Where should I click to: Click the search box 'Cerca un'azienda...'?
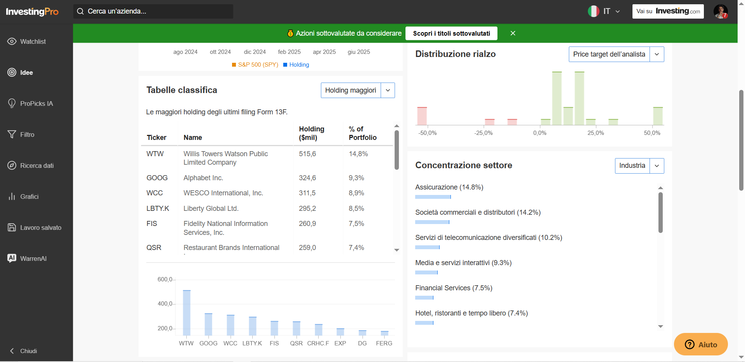tap(153, 11)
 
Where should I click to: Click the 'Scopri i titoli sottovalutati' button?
tap(451, 33)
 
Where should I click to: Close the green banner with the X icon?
tap(513, 33)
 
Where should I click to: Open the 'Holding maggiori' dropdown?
tap(358, 90)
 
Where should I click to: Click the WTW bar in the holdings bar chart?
tap(187, 313)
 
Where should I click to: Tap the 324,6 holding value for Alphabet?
tap(307, 178)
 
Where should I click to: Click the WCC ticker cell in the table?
tap(154, 193)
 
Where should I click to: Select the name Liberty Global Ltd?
tap(211, 209)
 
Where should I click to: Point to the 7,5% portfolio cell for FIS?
tap(356, 224)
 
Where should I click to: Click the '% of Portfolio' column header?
tap(362, 133)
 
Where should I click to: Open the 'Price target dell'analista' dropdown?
tap(616, 54)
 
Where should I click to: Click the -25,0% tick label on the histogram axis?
tap(483, 133)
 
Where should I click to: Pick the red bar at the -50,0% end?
tap(422, 116)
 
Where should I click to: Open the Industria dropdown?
tap(639, 166)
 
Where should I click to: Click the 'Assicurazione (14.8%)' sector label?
tap(449, 187)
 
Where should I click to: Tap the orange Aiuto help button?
tap(701, 344)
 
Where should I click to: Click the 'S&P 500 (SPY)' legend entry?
tap(255, 65)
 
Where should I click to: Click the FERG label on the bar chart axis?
tap(384, 343)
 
